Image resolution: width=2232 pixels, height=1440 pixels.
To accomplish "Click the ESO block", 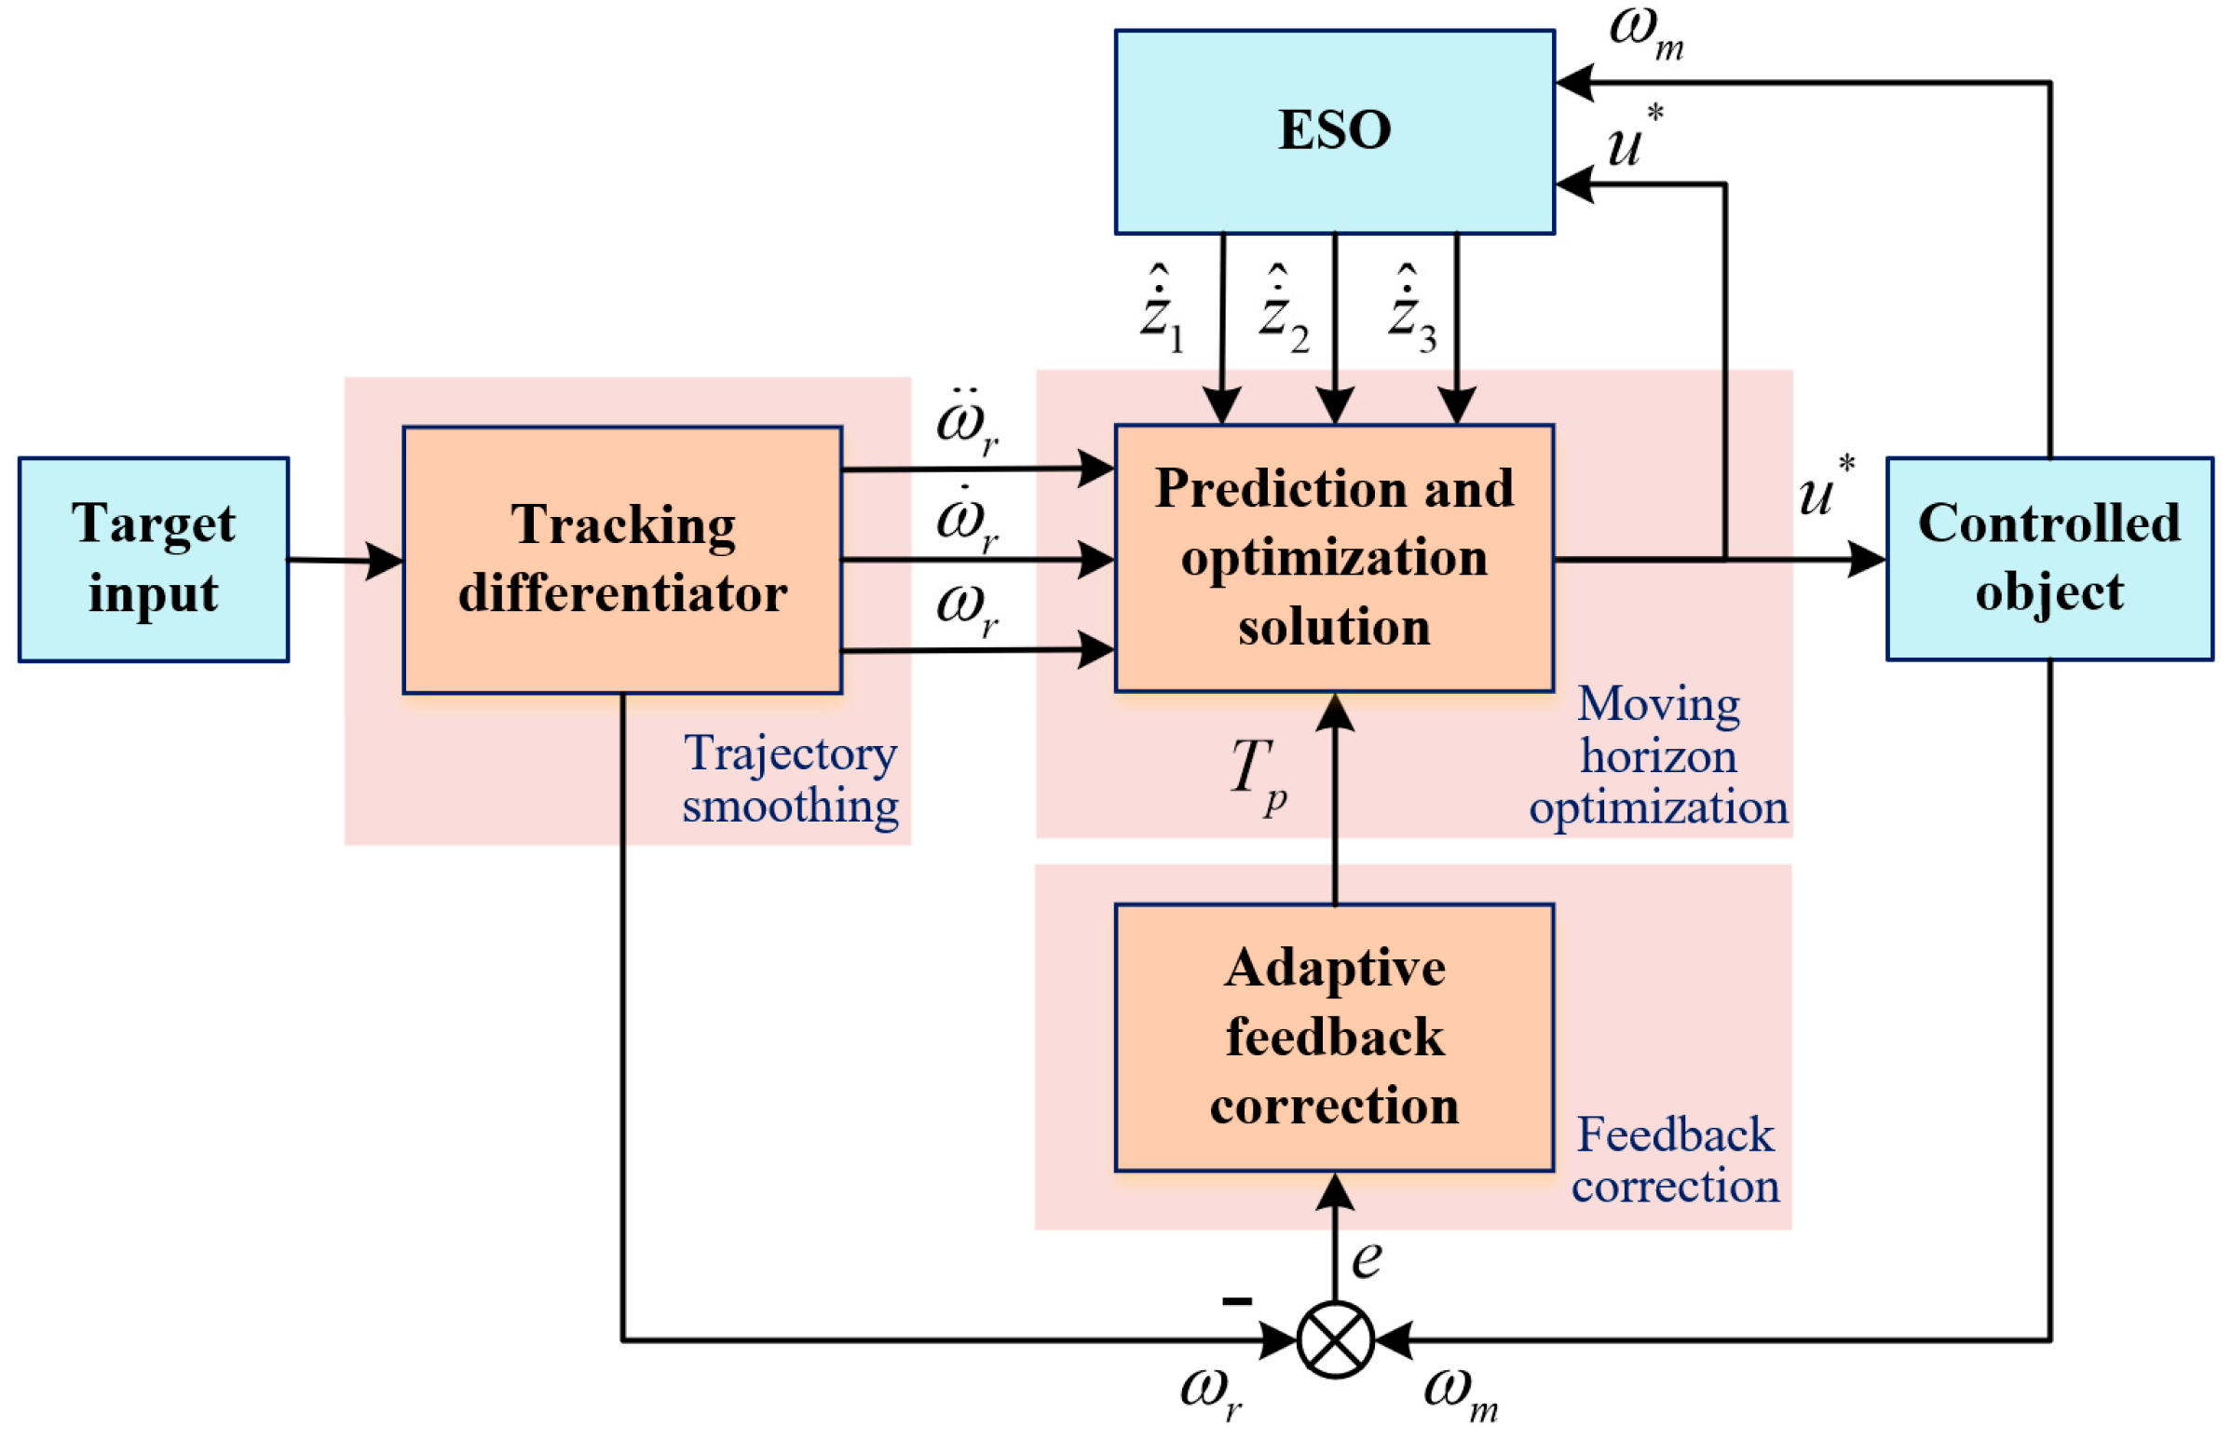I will coord(1334,131).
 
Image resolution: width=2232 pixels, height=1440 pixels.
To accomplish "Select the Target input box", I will coord(154,559).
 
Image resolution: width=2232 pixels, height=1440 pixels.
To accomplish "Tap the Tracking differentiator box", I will coord(622,559).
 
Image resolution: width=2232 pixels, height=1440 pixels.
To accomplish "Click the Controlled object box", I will coord(2048,558).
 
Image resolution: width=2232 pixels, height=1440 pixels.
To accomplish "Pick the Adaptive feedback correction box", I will coord(1334,1037).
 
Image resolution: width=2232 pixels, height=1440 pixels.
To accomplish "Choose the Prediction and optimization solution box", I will coord(1334,558).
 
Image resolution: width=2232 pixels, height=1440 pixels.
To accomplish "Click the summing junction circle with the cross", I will coord(1334,1340).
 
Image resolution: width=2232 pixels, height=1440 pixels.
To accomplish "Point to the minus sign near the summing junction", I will coord(1236,1300).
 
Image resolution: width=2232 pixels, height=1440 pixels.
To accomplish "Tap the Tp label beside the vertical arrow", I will coord(1258,774).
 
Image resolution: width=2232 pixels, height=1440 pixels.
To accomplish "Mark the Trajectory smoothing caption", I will coord(790,779).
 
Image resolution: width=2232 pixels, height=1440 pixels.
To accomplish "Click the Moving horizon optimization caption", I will coord(1658,755).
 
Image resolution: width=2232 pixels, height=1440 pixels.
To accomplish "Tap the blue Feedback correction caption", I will coord(1675,1160).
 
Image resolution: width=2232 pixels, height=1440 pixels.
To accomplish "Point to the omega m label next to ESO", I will coord(1646,33).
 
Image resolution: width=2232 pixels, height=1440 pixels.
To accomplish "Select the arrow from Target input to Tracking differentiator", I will coord(346,560).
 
